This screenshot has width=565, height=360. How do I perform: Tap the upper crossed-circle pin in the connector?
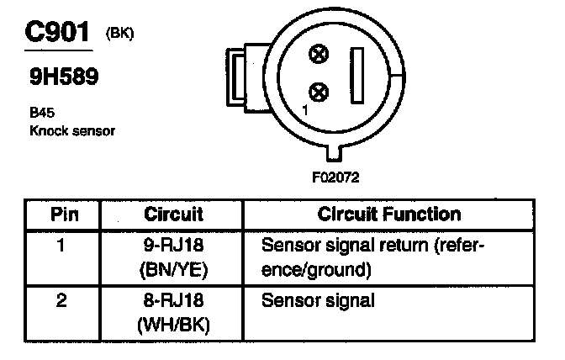[318, 56]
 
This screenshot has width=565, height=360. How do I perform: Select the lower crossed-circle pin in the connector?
[318, 91]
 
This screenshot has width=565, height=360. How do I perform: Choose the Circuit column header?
[174, 214]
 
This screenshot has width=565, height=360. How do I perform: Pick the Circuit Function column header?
[388, 214]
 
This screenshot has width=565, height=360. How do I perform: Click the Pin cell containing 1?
[61, 246]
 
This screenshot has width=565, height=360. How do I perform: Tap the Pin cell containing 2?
[61, 299]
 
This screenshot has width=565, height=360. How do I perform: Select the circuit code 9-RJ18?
[174, 246]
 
